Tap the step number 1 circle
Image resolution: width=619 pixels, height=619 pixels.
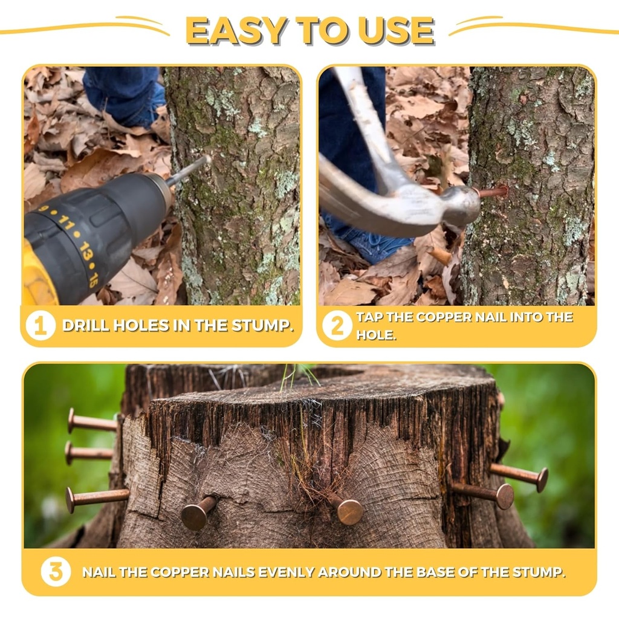41,326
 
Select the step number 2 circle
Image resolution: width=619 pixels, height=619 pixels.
337,326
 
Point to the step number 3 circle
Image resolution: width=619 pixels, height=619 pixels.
56,572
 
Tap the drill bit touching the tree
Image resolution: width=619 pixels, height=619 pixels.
189,170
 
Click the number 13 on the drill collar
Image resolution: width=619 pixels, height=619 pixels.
85,251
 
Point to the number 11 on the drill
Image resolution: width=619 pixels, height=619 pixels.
66,224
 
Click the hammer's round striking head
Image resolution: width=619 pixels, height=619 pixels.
462,206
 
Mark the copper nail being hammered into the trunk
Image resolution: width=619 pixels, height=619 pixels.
491,192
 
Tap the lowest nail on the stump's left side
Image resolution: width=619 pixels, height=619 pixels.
97,499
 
